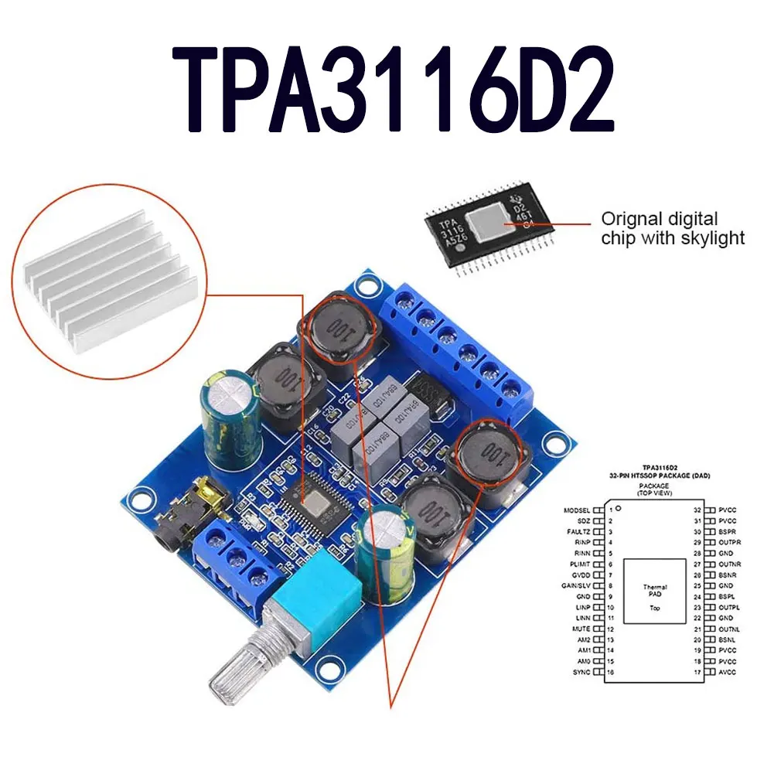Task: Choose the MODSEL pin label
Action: pyautogui.click(x=577, y=512)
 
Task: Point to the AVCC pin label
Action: pyautogui.click(x=729, y=672)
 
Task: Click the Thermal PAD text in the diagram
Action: pyautogui.click(x=654, y=592)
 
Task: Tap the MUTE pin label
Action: pyautogui.click(x=582, y=629)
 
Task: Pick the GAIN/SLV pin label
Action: pyautogui.click(x=575, y=586)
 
